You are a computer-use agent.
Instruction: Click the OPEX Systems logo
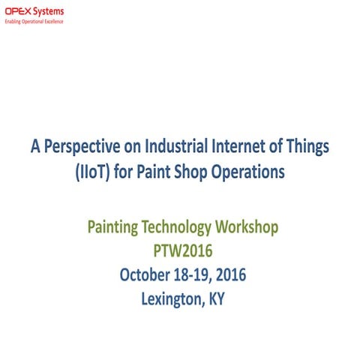(x=34, y=11)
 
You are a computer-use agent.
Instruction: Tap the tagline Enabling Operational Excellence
(x=34, y=22)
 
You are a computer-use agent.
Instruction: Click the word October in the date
(x=147, y=275)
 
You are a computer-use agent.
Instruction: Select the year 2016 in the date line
(x=231, y=275)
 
